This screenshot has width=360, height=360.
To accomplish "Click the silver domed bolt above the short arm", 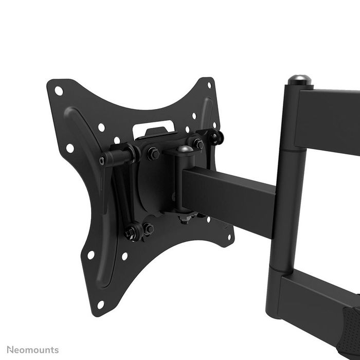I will (185, 150).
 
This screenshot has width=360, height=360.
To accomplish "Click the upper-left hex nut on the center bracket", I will (153, 153).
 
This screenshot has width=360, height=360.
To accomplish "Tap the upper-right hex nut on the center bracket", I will (197, 144).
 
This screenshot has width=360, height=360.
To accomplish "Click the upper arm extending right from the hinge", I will (329, 118).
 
